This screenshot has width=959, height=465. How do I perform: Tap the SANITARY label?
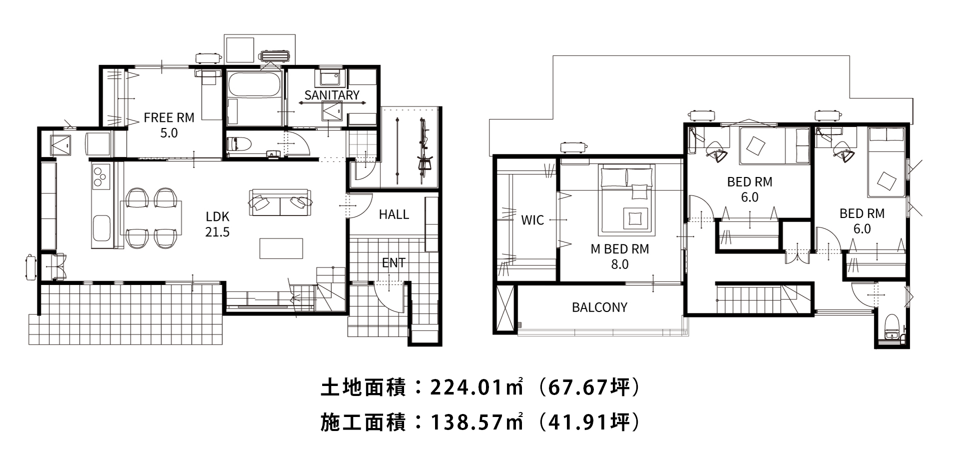(332, 95)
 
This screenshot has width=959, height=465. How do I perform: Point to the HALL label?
(394, 214)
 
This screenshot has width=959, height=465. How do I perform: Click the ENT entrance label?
(394, 263)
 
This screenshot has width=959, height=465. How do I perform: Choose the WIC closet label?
(532, 220)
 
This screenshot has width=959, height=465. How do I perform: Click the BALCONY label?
(599, 307)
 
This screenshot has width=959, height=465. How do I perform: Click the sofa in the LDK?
(280, 202)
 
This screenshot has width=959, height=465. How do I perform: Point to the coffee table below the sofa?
(281, 248)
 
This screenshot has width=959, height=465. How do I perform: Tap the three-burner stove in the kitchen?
(101, 175)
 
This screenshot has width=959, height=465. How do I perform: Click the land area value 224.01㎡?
(477, 388)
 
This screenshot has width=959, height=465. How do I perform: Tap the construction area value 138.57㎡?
(477, 423)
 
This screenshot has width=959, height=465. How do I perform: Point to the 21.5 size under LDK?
(217, 232)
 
